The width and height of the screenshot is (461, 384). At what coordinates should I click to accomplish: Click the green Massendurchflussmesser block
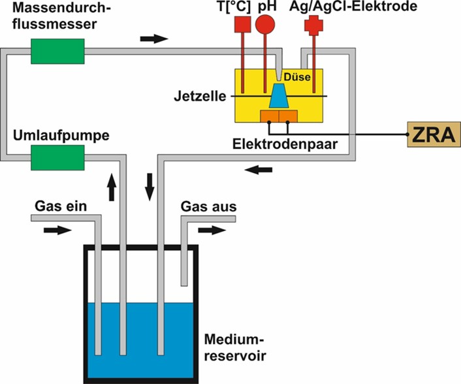pos(58,50)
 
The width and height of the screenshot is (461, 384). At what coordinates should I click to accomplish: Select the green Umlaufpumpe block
pos(58,156)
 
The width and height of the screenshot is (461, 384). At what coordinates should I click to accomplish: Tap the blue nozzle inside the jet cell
pos(279,96)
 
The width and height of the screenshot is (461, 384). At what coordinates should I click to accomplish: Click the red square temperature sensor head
pos(242,24)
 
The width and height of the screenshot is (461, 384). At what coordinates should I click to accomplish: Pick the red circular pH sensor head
pos(265,24)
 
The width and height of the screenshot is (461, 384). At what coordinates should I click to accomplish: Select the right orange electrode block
pos(289,116)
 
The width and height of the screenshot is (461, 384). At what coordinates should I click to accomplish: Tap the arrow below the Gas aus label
pos(211,230)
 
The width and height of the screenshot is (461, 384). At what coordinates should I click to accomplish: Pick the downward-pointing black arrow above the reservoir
pos(150,187)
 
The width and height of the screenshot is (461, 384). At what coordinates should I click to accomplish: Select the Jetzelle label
pos(199,97)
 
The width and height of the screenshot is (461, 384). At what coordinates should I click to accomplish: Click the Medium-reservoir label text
pos(234,348)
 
